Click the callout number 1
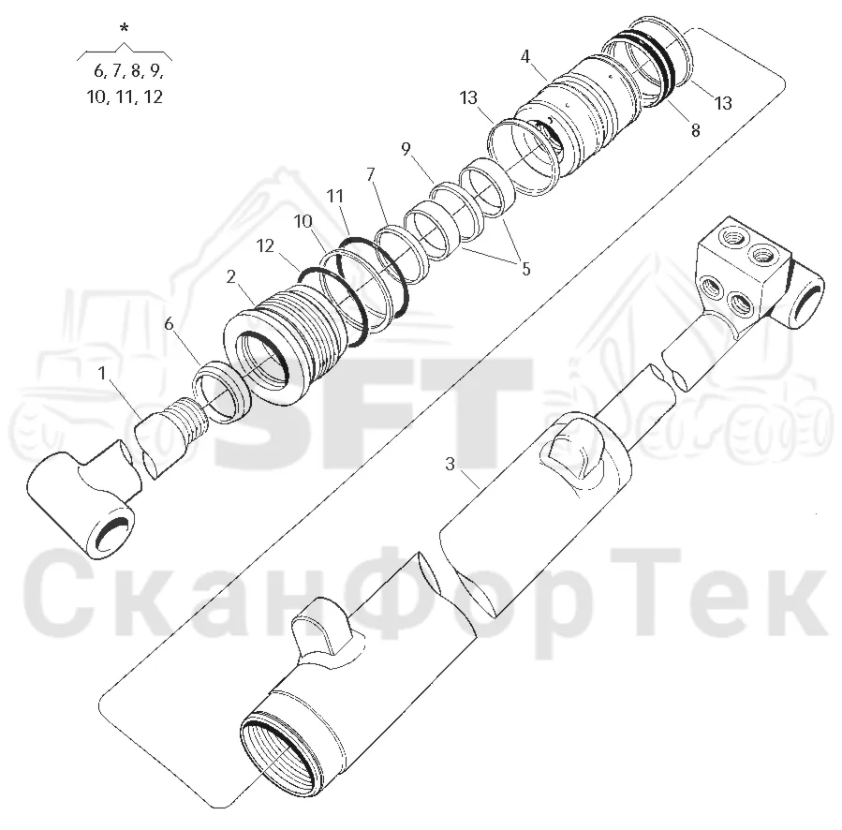[x=102, y=372]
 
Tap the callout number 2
[x=231, y=277]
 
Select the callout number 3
[x=450, y=464]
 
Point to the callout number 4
[x=525, y=56]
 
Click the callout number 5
[x=526, y=268]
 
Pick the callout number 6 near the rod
[x=169, y=324]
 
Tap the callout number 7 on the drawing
[x=371, y=174]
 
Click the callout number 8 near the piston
[x=695, y=130]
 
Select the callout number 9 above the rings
[x=406, y=149]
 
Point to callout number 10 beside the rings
[x=303, y=221]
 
